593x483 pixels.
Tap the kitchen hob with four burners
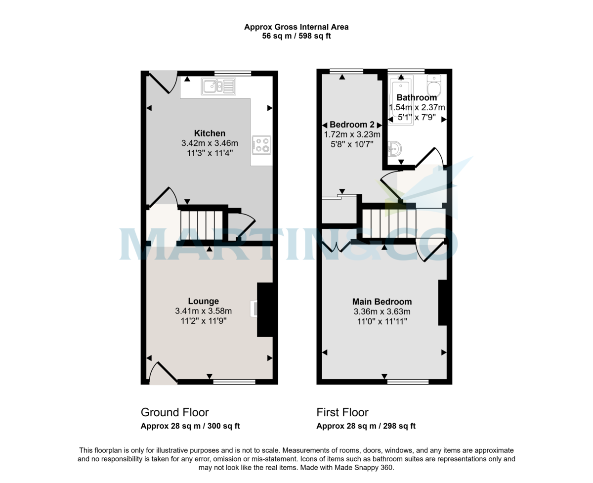(x=261, y=144)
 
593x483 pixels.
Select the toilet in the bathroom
(x=433, y=87)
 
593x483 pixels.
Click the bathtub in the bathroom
(x=401, y=101)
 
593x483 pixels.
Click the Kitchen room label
(x=210, y=133)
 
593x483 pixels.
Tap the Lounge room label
(x=203, y=301)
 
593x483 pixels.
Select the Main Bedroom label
(x=381, y=302)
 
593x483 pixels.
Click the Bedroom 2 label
(x=352, y=124)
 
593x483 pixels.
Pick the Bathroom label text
(x=417, y=98)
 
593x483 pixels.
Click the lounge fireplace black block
(x=265, y=309)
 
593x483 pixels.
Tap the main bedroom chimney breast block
(x=442, y=303)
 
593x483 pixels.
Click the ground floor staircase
(x=202, y=225)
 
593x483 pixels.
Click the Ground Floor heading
(x=174, y=412)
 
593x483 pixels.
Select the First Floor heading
(x=342, y=412)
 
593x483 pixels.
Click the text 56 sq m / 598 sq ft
(x=296, y=36)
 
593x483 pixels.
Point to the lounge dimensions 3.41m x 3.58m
(x=203, y=311)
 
